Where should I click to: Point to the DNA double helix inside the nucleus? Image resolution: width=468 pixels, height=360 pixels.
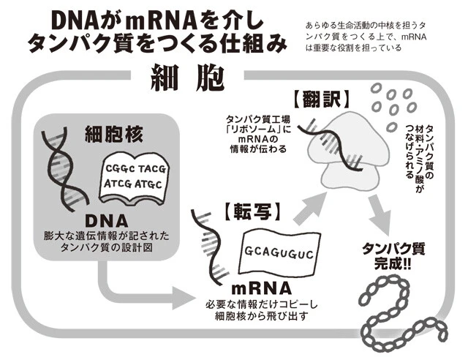pos(59,168)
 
